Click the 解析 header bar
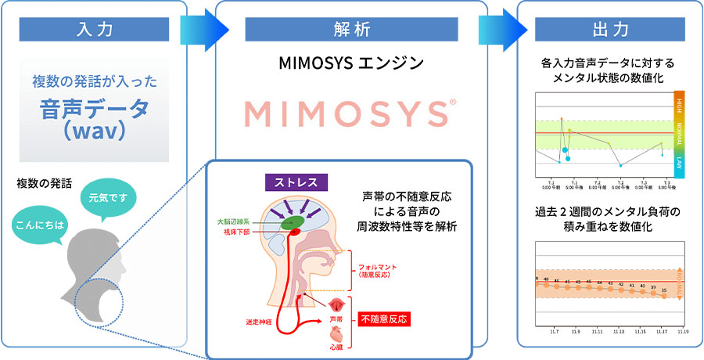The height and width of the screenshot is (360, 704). click(x=351, y=31)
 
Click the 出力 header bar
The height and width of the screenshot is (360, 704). click(x=610, y=31)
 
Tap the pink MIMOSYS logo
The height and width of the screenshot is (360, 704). click(x=350, y=113)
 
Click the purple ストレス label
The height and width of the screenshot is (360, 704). click(x=296, y=182)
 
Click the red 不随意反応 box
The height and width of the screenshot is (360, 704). click(x=384, y=319)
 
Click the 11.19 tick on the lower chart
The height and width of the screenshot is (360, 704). click(x=682, y=331)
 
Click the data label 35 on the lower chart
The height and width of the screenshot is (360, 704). click(x=663, y=290)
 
